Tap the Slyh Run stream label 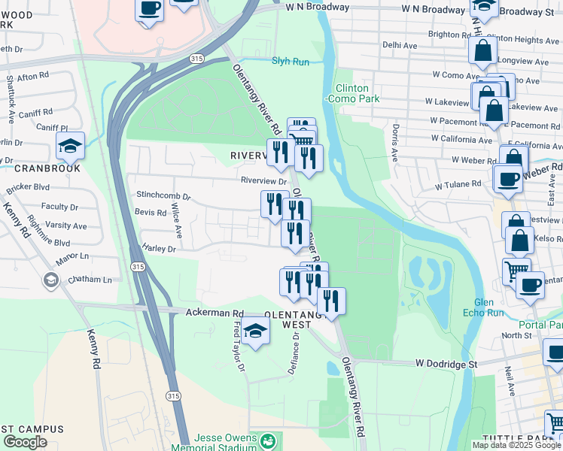coord(291,62)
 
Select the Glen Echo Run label coord(478,307)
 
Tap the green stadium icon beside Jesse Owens coord(268,439)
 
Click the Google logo coord(25,442)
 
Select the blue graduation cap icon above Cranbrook coord(70,147)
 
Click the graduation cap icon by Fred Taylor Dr coord(255,331)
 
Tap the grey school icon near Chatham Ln coord(50,281)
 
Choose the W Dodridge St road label coord(446,363)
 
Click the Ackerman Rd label coord(215,312)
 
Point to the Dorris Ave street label coord(394,143)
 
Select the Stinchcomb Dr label coord(163,195)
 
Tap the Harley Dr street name coord(159,248)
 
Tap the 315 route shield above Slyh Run coord(196,58)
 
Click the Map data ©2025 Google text coord(516,445)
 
